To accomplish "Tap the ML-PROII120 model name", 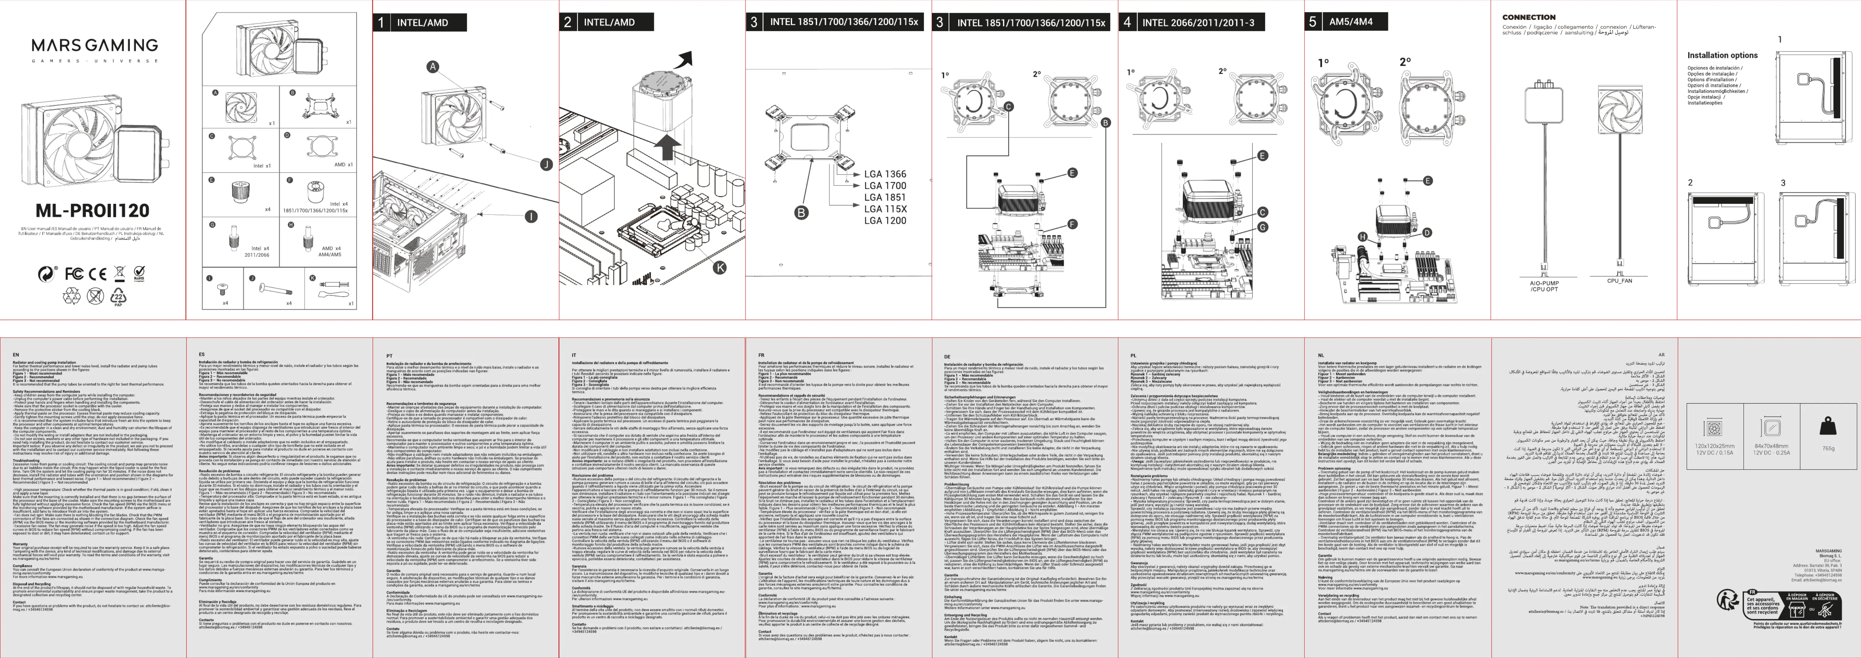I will click(93, 211).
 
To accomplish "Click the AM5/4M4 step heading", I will click(1350, 22).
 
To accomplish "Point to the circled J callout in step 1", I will click(547, 165).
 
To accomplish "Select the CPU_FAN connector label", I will click(1619, 281).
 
